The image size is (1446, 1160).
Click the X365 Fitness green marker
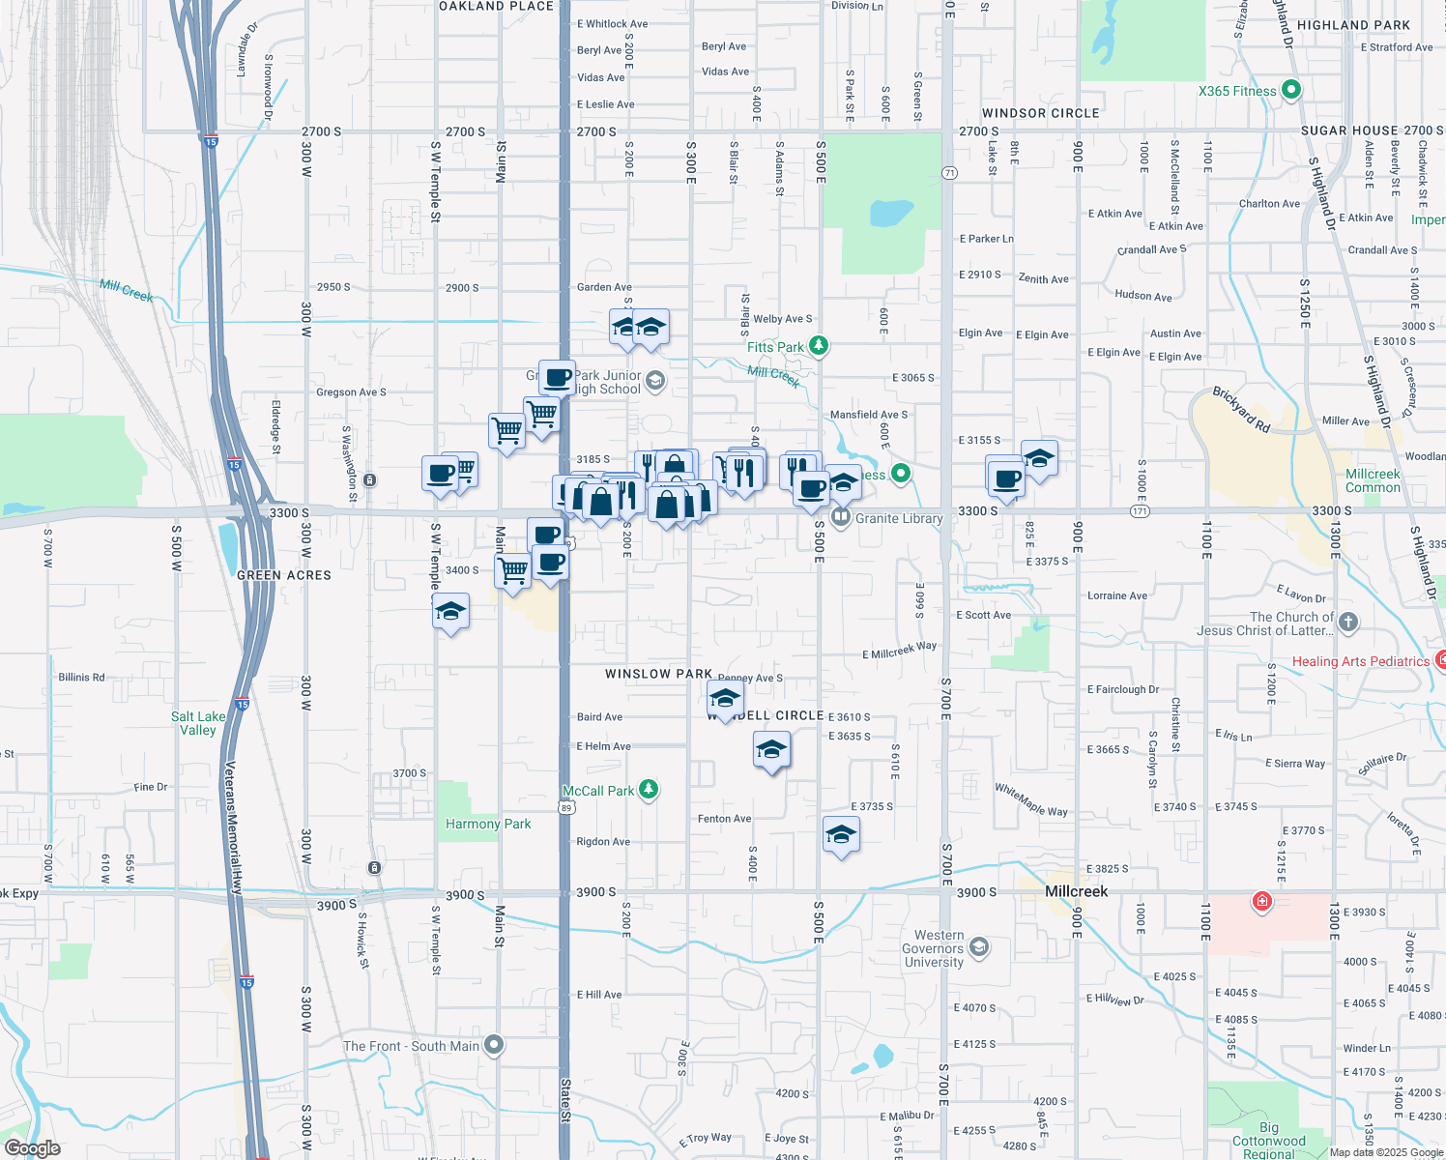pos(1290,91)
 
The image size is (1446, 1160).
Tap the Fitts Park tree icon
pos(819,345)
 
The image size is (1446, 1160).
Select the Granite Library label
pos(899,518)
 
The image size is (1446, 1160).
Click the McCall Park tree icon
pos(649,790)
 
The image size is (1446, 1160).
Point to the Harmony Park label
pos(488,824)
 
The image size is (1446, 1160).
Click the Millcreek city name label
pos(1077,891)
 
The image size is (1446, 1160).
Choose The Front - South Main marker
pos(494,1045)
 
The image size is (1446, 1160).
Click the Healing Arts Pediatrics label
pos(1360,661)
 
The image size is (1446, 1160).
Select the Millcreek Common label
pos(1373,480)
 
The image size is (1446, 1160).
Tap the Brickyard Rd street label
pos(1241,409)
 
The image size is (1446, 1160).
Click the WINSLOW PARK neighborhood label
pos(658,674)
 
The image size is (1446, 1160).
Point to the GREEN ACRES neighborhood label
pos(284,575)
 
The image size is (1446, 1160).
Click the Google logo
pos(32,1148)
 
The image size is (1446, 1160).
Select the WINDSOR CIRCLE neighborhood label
pos(1040,113)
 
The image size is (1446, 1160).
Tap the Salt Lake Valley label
pos(198,723)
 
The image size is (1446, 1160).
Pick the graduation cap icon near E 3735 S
pos(841,835)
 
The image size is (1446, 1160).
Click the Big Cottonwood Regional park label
pos(1268,1141)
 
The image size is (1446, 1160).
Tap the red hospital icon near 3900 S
pos(1261,902)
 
